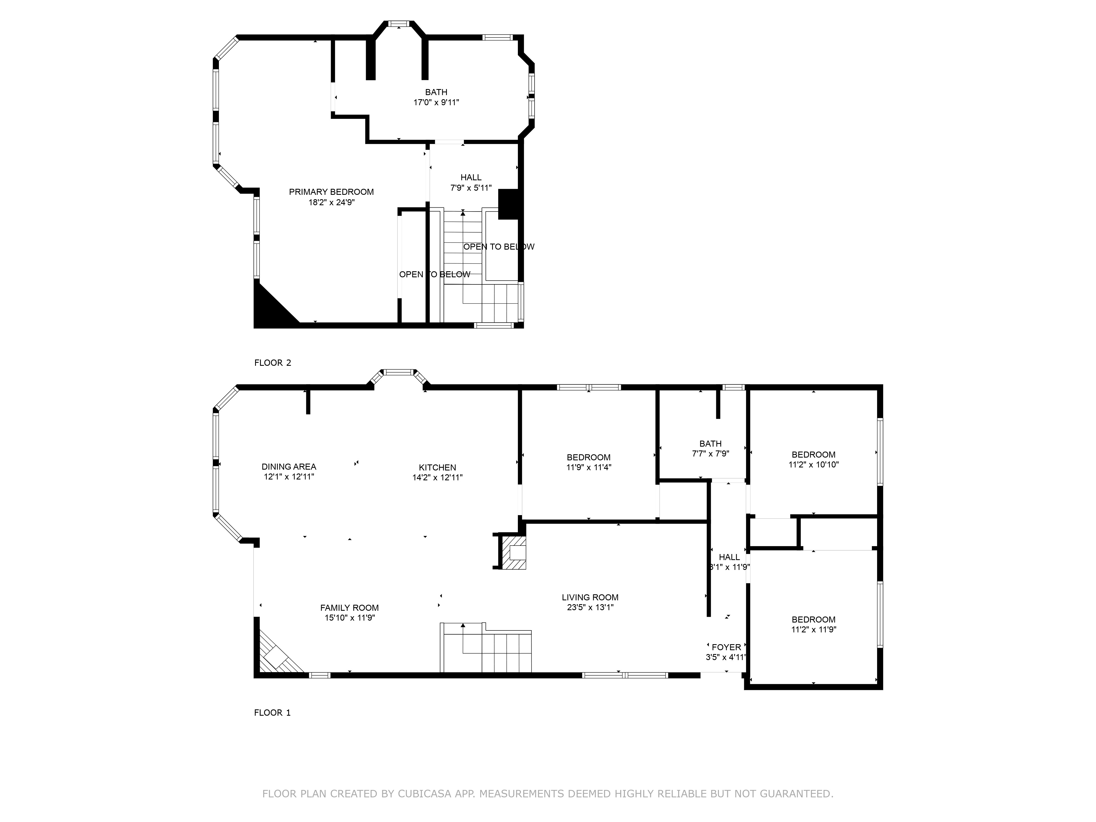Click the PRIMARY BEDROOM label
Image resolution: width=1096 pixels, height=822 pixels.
click(x=332, y=192)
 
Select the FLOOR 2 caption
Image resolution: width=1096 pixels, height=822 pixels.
click(x=273, y=363)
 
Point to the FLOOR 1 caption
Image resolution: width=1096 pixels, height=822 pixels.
click(x=273, y=712)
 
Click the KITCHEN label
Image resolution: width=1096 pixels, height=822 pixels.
click(x=438, y=467)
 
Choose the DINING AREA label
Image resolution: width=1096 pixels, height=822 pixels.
click(x=289, y=466)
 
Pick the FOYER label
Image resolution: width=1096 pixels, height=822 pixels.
click(x=726, y=647)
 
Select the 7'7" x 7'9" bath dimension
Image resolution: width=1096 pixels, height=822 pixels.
click(x=710, y=453)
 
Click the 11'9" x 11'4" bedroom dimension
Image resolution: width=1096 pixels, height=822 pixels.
click(x=589, y=467)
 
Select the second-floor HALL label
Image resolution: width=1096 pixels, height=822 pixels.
click(x=471, y=177)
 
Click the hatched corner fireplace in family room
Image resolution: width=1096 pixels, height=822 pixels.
click(x=278, y=654)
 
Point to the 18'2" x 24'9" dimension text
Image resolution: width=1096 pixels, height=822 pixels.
click(x=332, y=202)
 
